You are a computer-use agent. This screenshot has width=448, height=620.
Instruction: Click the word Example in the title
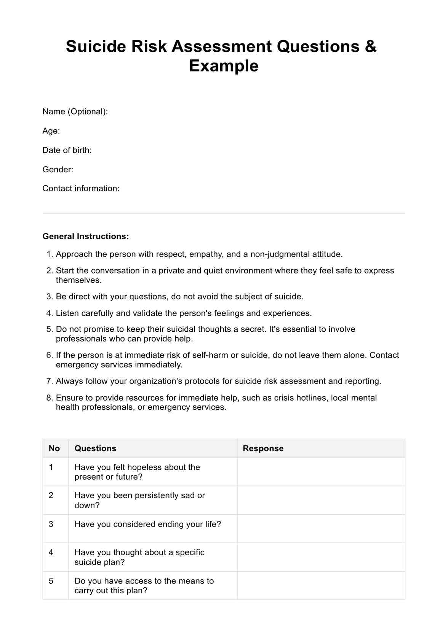point(224,66)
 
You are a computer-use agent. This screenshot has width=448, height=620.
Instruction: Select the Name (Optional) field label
point(75,111)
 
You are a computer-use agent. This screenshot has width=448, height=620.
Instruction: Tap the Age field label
point(51,131)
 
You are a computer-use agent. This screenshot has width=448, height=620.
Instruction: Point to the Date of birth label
point(67,150)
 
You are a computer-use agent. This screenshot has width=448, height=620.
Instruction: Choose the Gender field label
point(58,169)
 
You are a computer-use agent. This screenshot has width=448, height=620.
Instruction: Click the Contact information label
point(81,188)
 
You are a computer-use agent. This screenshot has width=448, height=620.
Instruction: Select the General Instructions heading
point(86,236)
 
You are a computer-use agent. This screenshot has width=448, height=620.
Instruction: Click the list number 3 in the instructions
point(49,297)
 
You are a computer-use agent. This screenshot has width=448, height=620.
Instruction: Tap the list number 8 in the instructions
point(49,398)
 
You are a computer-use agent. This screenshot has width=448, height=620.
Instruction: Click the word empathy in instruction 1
point(206,254)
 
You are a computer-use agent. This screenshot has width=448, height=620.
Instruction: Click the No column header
point(54,448)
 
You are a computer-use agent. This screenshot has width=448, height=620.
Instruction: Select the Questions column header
point(95,448)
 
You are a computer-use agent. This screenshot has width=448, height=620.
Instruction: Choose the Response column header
point(263,448)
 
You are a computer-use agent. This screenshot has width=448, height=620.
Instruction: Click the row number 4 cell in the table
point(51,552)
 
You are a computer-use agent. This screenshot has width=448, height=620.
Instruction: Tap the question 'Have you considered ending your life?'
point(148,524)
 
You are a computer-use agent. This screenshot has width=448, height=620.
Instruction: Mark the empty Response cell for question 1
point(321,472)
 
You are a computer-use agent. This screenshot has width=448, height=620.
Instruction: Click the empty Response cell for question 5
point(321,585)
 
